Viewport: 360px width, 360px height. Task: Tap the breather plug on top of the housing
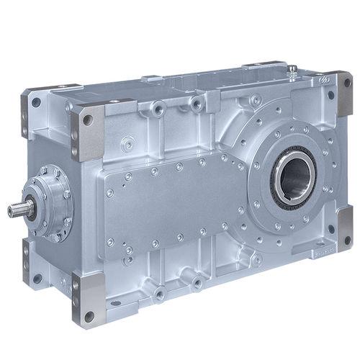coord(292,71)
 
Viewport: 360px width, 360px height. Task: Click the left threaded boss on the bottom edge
coord(159,292)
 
